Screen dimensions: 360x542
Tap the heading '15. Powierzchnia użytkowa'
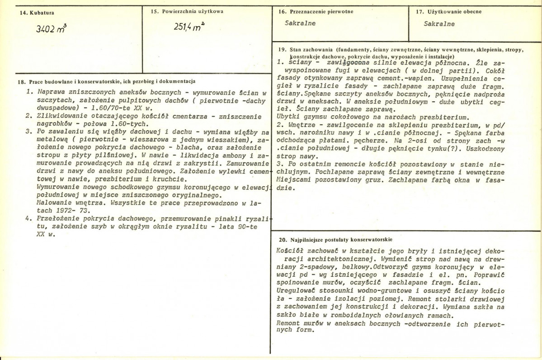(x=187, y=11)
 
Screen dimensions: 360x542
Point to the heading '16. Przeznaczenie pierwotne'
(x=316, y=12)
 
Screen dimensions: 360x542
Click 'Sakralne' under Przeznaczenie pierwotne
(x=301, y=24)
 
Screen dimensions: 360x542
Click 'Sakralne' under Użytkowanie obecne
(x=439, y=24)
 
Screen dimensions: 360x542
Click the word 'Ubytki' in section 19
(x=287, y=116)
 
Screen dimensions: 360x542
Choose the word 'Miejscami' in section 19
(x=294, y=180)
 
